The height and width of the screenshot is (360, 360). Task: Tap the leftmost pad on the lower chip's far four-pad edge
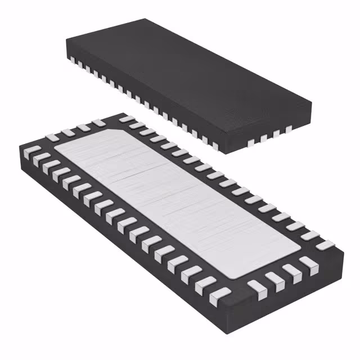[x=55, y=136]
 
